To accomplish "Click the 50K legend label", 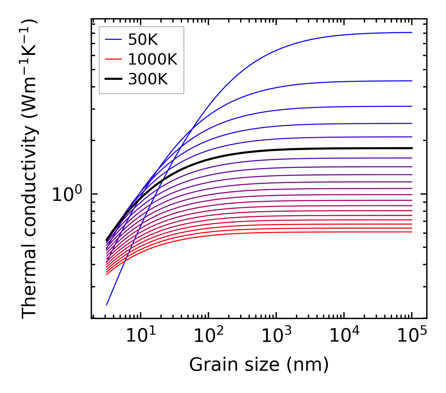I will (143, 39).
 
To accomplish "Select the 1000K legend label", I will (153, 59).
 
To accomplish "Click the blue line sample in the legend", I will (113, 39).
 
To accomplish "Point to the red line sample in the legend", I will (113, 59).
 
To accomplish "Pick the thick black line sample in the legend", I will (113, 79).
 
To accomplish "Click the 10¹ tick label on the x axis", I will (141, 336).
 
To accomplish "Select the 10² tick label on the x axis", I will (208, 336).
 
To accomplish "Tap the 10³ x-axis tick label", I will (276, 336).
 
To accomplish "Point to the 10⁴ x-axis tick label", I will (344, 336).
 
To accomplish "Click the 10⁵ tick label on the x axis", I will (412, 336).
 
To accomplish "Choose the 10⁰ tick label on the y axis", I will (67, 195).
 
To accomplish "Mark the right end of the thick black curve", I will (412, 148).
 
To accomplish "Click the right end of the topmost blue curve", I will (412, 32).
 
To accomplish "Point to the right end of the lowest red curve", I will (412, 232).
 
